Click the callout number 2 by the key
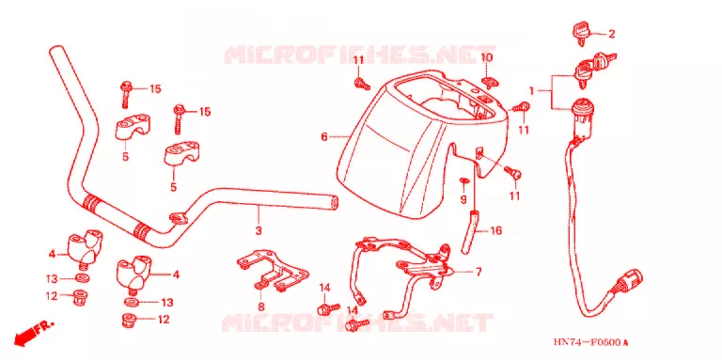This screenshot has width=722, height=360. click(611, 34)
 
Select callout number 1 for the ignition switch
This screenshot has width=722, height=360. click(531, 91)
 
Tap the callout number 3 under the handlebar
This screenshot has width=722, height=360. click(259, 230)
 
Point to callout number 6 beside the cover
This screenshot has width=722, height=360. click(324, 136)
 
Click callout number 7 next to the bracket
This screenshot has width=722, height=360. click(479, 272)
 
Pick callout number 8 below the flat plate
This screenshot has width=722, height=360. click(261, 306)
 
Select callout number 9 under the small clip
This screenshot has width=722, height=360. click(463, 200)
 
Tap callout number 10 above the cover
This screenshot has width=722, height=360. click(487, 57)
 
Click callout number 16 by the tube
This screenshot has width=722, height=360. click(496, 230)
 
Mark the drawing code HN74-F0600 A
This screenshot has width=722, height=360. click(591, 342)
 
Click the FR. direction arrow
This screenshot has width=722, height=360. click(34, 332)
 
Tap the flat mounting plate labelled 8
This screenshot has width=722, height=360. click(273, 272)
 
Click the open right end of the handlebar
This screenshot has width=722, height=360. click(335, 202)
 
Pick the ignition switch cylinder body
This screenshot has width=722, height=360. click(581, 119)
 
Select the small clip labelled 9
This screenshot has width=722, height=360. click(463, 180)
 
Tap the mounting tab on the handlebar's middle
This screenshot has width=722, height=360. click(178, 218)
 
